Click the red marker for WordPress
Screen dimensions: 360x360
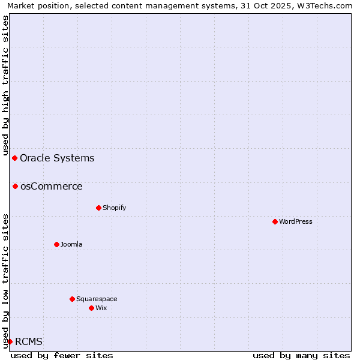point(275,221)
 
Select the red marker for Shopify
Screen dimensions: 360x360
point(98,208)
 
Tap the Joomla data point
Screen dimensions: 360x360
point(56,244)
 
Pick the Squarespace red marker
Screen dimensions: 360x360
point(72,299)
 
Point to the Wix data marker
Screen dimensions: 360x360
point(91,308)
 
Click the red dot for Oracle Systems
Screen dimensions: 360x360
point(14,158)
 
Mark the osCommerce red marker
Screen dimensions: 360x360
point(15,186)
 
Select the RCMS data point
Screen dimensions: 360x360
point(10,341)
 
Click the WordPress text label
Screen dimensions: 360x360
point(296,221)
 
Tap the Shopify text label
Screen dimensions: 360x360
point(114,208)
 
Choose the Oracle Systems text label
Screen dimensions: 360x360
point(57,158)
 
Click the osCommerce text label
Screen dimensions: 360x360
point(51,187)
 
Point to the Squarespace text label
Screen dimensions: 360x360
point(97,299)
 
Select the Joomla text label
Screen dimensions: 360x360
point(71,244)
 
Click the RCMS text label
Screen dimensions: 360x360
point(29,342)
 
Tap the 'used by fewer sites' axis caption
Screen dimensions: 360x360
point(62,355)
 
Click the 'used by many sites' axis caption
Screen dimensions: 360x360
point(301,355)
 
